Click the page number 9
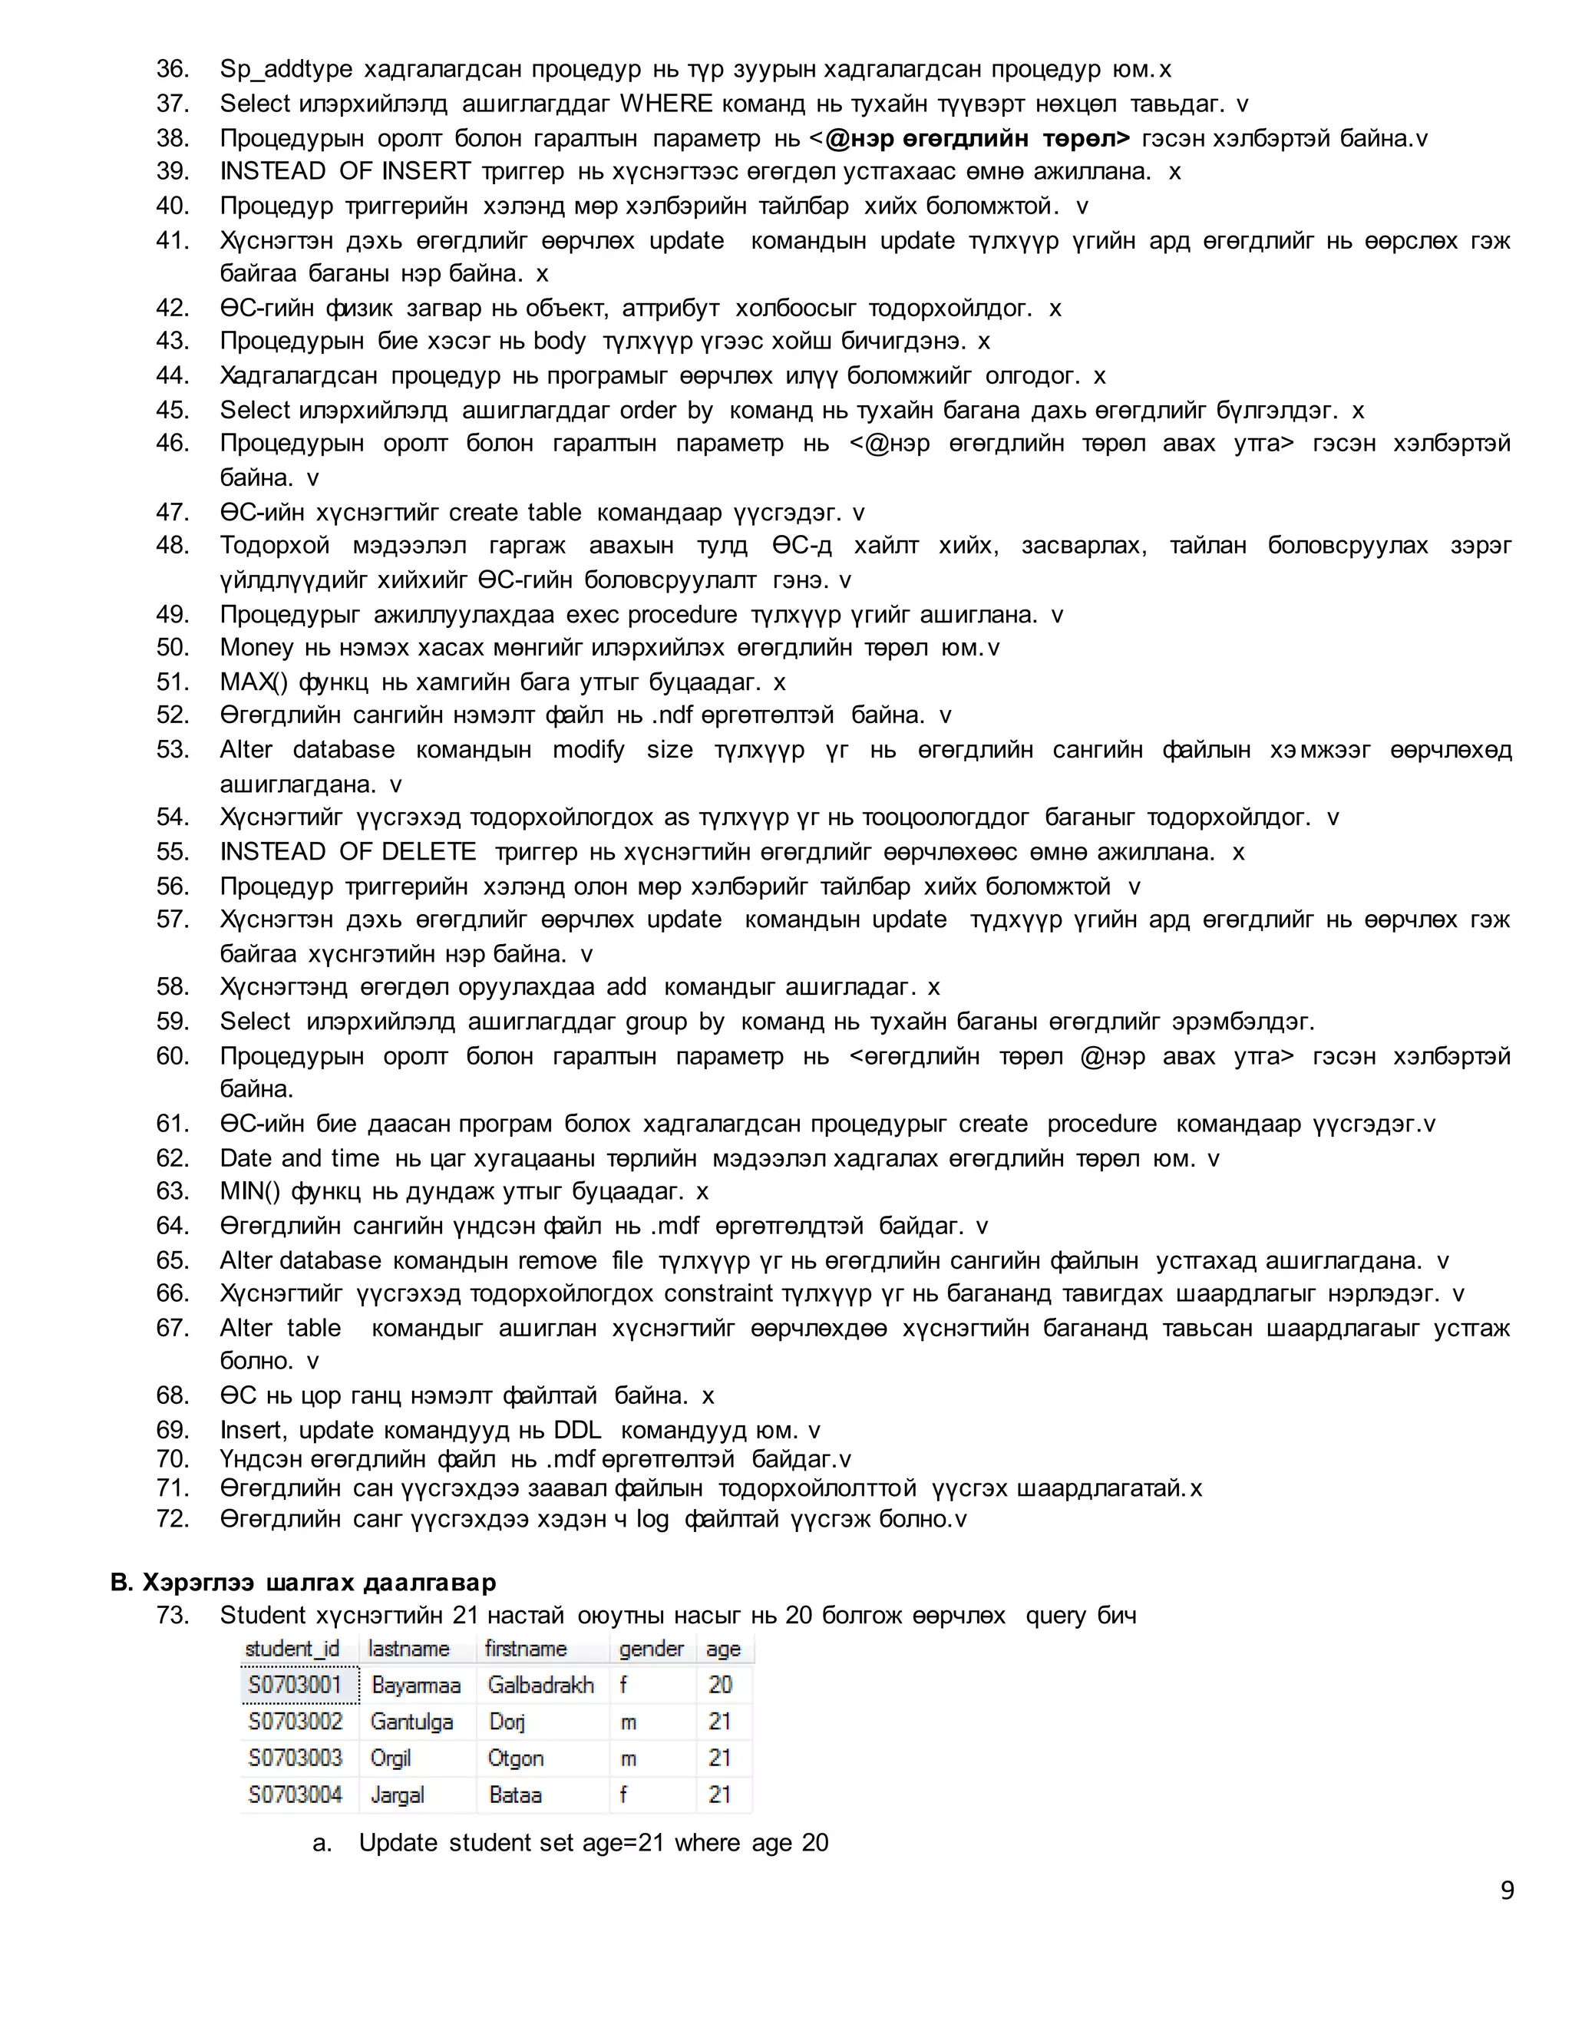pos(1507,1890)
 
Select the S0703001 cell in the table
pos(296,1684)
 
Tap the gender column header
pos(651,1649)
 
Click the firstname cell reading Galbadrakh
pos(541,1684)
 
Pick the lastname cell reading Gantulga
pos(411,1721)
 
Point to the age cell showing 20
pos(720,1684)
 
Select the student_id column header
pos(292,1649)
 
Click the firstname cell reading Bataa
pos(515,1794)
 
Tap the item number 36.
pos(172,69)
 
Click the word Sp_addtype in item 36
pos(286,69)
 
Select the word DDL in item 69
pos(577,1430)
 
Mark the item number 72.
pos(172,1518)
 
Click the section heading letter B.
pos(121,1583)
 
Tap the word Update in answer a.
pos(398,1842)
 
